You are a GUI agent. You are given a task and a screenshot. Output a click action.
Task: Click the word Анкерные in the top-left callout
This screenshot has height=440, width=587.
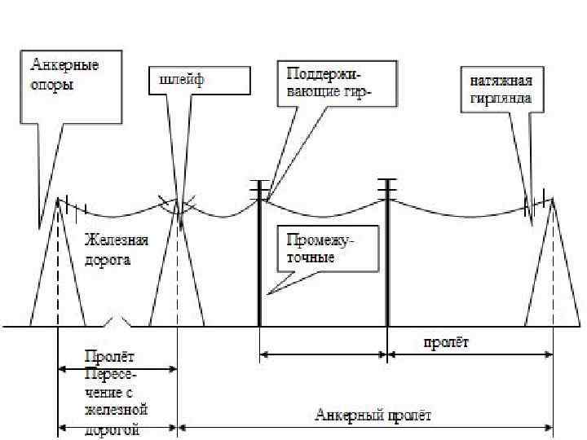point(65,65)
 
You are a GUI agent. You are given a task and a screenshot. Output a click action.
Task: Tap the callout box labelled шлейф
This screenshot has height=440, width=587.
point(199,82)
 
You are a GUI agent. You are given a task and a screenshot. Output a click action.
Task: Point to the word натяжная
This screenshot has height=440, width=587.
point(501,81)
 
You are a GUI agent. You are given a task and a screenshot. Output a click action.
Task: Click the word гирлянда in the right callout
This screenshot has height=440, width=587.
point(501,98)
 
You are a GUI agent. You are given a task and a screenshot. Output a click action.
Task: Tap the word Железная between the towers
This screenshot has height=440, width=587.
point(117,241)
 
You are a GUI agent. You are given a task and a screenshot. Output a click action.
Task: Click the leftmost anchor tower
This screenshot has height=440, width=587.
point(58,269)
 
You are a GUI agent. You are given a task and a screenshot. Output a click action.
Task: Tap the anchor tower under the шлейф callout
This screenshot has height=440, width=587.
point(177,269)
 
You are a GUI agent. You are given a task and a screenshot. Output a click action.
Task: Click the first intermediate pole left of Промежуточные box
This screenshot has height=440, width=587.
point(259,261)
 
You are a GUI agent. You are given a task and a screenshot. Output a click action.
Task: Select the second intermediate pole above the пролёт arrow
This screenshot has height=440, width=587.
point(387,261)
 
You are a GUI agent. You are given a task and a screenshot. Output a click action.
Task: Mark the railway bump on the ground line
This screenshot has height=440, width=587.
point(120,321)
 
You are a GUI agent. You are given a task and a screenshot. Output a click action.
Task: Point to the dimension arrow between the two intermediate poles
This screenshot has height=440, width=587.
point(323,354)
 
